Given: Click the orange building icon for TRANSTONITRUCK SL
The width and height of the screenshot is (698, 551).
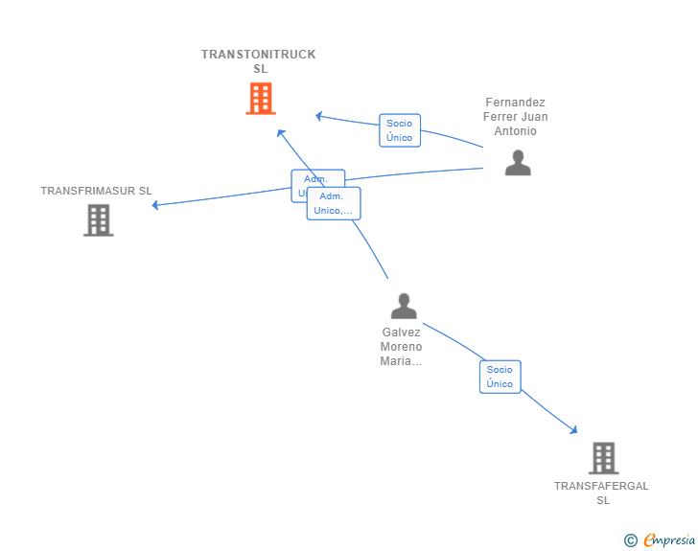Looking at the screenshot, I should [x=260, y=99].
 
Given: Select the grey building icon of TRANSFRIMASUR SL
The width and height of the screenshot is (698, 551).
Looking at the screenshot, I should [x=98, y=220].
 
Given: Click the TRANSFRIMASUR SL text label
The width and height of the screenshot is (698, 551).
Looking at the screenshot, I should [x=96, y=191].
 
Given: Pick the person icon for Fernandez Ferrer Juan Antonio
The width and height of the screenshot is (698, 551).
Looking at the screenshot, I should [x=518, y=163].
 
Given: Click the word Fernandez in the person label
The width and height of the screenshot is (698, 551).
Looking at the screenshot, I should [x=516, y=103].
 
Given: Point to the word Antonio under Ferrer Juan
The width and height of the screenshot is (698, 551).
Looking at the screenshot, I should [x=516, y=131].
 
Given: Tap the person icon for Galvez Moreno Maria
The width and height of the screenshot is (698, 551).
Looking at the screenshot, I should [x=404, y=306].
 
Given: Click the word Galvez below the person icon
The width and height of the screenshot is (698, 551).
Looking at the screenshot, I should [x=401, y=333].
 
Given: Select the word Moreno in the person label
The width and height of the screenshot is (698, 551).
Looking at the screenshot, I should [x=401, y=347].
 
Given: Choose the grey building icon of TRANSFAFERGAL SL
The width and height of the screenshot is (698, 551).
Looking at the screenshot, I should [x=603, y=458].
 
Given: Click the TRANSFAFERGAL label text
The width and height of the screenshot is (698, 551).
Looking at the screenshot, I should [x=601, y=486].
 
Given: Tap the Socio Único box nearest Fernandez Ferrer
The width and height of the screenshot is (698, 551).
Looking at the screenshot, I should [x=400, y=130].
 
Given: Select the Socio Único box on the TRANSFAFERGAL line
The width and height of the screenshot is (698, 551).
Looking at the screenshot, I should [x=500, y=377].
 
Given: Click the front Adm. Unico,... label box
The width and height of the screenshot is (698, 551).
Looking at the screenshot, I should [x=334, y=203].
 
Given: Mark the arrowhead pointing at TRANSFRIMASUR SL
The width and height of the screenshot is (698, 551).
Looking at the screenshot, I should [x=155, y=205].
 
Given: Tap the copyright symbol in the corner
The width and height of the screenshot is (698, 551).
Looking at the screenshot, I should [x=630, y=540].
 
